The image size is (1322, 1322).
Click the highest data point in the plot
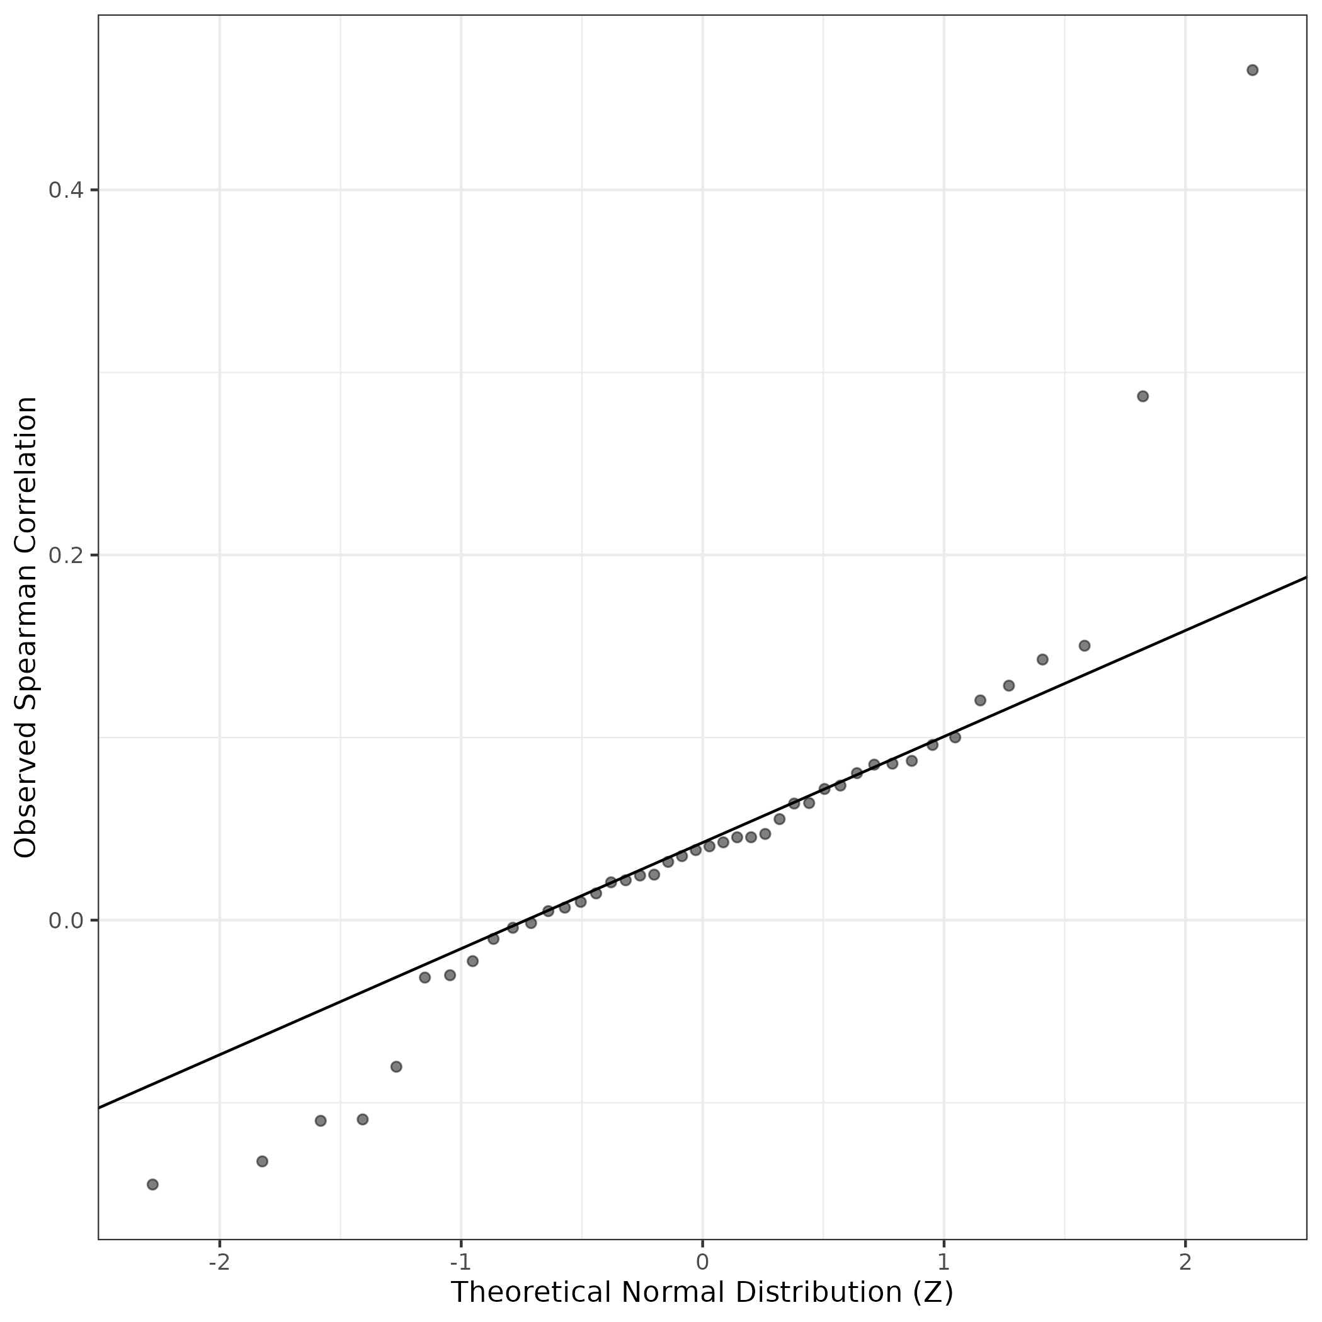[1252, 70]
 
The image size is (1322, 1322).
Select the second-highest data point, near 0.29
[1142, 396]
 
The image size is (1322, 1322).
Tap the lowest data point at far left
[152, 1185]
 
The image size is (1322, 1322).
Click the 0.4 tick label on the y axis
[65, 190]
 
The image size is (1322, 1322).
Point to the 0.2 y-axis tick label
[65, 555]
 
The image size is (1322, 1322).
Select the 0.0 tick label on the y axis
[65, 920]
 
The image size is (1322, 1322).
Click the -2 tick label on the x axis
[219, 1262]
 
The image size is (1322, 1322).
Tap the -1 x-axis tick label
[460, 1262]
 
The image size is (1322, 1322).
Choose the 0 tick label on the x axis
[702, 1262]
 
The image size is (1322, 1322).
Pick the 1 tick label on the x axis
[943, 1262]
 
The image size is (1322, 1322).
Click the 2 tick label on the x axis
[1185, 1262]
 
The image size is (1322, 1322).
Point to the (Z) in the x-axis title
[933, 1292]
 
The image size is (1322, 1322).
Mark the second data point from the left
[262, 1161]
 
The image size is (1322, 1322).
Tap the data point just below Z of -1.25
[396, 1067]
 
